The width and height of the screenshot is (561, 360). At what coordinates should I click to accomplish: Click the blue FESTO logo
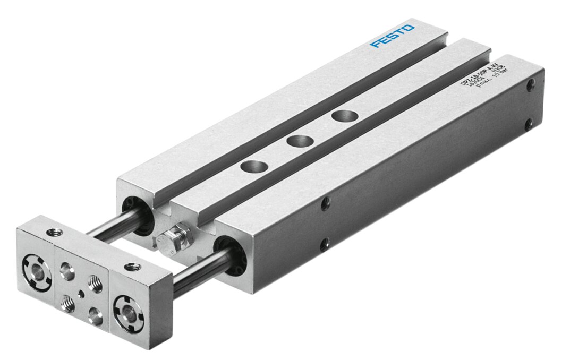coord(393,36)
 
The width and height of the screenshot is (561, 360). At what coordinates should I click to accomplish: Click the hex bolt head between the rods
coord(179,235)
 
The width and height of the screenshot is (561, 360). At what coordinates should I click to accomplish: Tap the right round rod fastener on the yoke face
coord(128,312)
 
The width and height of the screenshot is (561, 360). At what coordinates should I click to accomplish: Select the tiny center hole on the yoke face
coord(81,292)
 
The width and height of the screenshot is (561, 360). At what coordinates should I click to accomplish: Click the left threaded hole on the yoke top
coord(54,232)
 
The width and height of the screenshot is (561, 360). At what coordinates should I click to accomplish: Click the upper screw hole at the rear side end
coord(530,84)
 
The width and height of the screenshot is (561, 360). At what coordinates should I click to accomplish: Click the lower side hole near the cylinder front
coord(324,244)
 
